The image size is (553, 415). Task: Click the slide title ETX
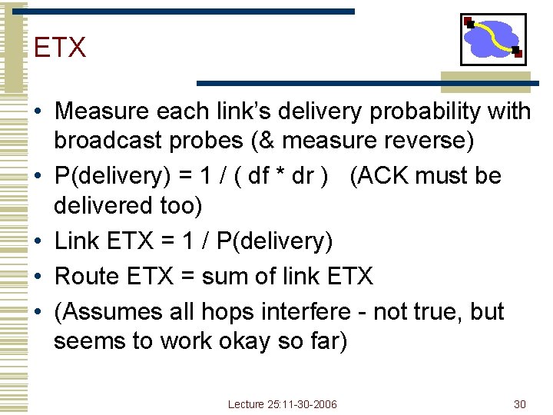coord(60,48)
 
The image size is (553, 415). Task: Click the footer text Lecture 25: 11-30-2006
coord(282,404)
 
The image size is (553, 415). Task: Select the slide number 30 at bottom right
coord(519,404)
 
